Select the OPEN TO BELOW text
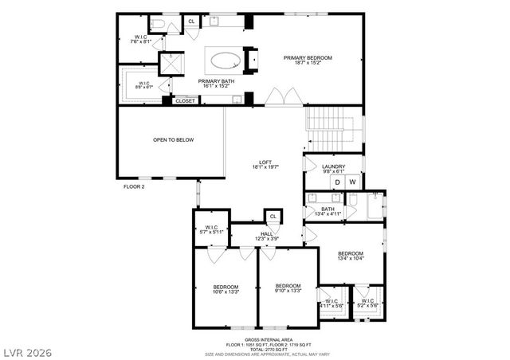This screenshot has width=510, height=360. [x=174, y=139]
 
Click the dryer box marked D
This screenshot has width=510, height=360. [x=337, y=182]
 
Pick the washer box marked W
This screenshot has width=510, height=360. [x=352, y=182]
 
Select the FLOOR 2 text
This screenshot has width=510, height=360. [x=134, y=186]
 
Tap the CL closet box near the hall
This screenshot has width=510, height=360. [x=273, y=216]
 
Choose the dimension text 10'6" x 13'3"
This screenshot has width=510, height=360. [x=225, y=292]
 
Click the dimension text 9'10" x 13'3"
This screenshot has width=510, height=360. [x=288, y=292]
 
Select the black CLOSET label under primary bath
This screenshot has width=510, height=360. [x=185, y=101]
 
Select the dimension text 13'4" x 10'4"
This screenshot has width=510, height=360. [x=351, y=257]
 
